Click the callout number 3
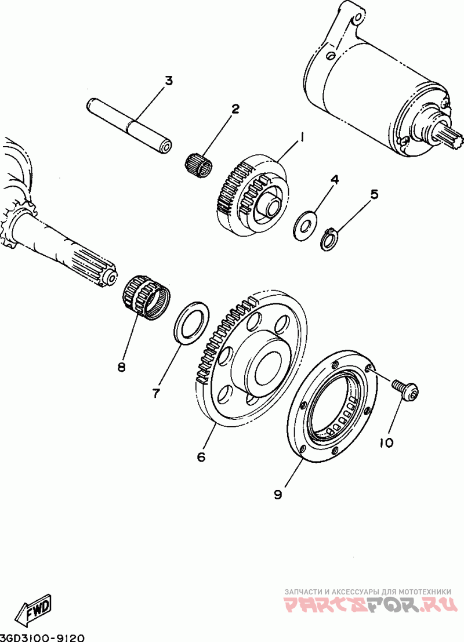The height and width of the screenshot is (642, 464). pyautogui.click(x=168, y=81)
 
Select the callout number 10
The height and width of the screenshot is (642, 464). pyautogui.click(x=386, y=442)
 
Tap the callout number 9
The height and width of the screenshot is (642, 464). pyautogui.click(x=278, y=494)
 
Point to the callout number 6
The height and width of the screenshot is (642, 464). pyautogui.click(x=201, y=457)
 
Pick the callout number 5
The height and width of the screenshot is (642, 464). pyautogui.click(x=374, y=194)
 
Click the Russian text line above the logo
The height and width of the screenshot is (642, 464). pyautogui.click(x=368, y=591)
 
